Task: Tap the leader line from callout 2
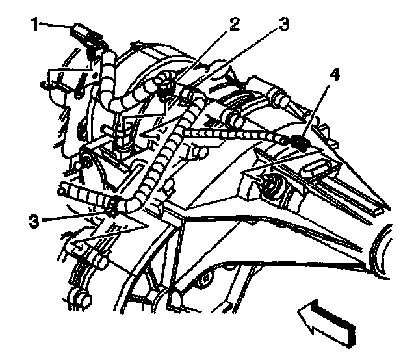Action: click(198, 55)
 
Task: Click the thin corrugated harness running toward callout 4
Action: click(234, 133)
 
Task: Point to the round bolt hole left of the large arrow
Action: click(207, 281)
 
